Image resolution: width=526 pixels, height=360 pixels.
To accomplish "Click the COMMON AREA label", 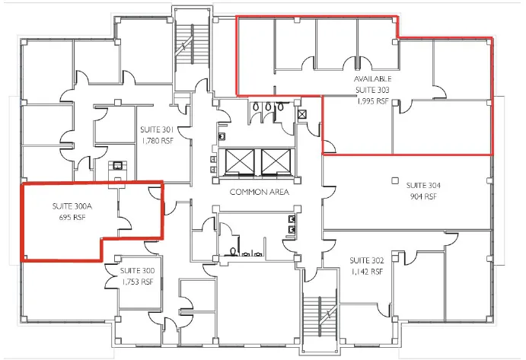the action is (x=260, y=192).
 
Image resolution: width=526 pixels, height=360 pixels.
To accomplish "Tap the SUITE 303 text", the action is (x=372, y=90).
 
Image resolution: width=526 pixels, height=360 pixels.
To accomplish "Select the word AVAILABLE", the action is (x=373, y=79).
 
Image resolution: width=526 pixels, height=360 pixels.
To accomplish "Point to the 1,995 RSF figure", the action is (x=372, y=101).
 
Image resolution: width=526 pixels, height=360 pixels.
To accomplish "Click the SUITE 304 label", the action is (x=423, y=186).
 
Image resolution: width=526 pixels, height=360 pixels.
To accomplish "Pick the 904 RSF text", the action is (x=423, y=196).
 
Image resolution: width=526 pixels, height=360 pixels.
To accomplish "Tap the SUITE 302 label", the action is (x=367, y=261).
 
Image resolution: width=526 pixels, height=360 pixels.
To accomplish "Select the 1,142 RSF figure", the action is (x=367, y=272).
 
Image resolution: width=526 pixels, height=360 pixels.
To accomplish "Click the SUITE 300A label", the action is (x=72, y=206).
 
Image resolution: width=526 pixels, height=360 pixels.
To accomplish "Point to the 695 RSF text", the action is (x=72, y=218).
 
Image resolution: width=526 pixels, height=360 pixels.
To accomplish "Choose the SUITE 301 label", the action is (x=157, y=129).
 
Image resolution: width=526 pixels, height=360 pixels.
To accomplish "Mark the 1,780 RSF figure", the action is (x=158, y=141).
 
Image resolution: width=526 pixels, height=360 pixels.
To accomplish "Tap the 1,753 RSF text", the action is (x=138, y=282).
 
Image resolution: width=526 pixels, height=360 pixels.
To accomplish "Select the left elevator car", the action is (x=240, y=162).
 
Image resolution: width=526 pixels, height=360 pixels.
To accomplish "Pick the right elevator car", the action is (x=276, y=162).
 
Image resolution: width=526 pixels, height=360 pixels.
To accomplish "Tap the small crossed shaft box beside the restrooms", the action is (x=302, y=115).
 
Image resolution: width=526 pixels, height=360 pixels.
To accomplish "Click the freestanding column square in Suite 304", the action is (x=395, y=180).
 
